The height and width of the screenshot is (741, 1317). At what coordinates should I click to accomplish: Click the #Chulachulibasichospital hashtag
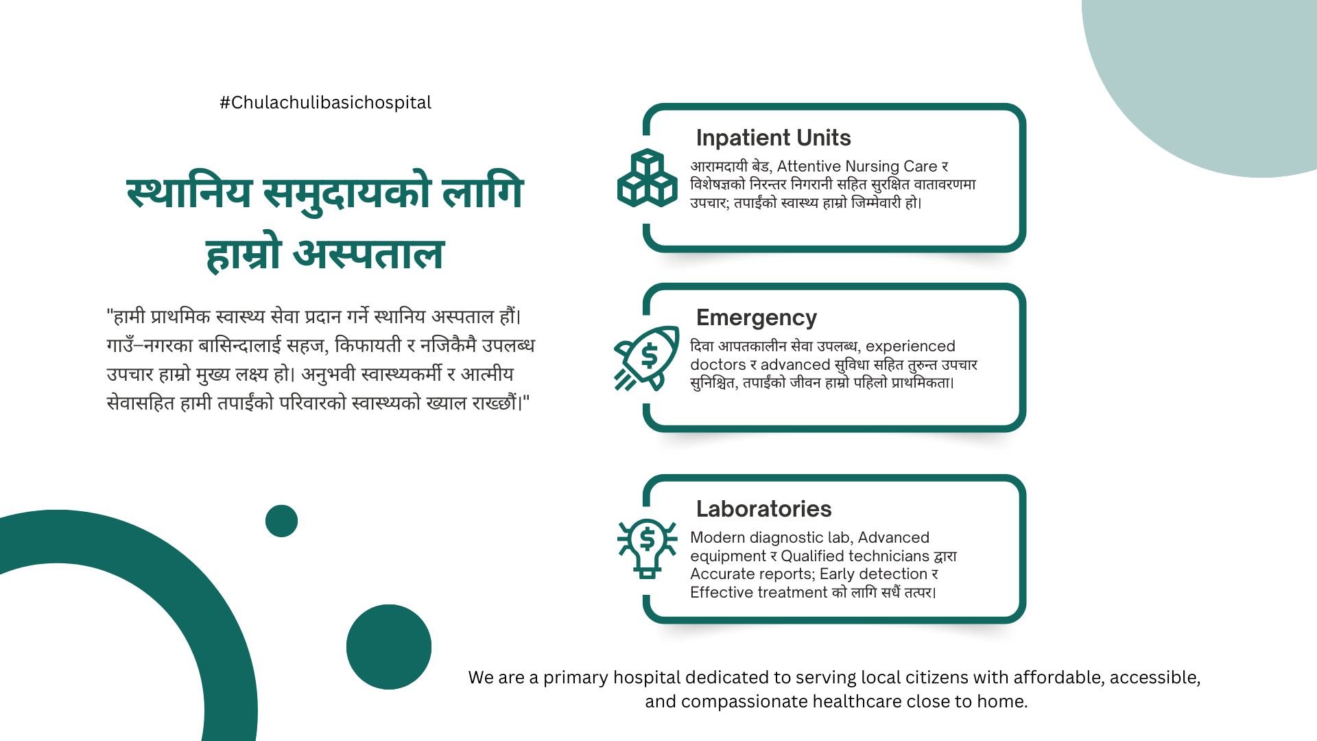pyautogui.click(x=325, y=103)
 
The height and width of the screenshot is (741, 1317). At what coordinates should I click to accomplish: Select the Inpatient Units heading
pyautogui.click(x=773, y=138)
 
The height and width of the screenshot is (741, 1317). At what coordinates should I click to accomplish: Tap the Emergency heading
pyautogui.click(x=757, y=318)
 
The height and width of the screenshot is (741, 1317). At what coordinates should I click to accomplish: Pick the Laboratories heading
pyautogui.click(x=763, y=509)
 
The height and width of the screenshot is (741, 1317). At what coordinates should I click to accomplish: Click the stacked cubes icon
pyautogui.click(x=648, y=177)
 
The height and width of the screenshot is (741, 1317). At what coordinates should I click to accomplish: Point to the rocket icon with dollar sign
pyautogui.click(x=645, y=358)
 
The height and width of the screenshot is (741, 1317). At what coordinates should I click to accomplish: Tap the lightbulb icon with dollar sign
pyautogui.click(x=647, y=548)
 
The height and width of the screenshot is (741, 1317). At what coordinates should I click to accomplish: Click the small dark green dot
pyautogui.click(x=281, y=521)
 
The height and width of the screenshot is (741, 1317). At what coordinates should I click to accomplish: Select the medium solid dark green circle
pyautogui.click(x=389, y=647)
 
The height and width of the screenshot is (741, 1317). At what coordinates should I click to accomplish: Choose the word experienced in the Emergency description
pyautogui.click(x=910, y=346)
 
